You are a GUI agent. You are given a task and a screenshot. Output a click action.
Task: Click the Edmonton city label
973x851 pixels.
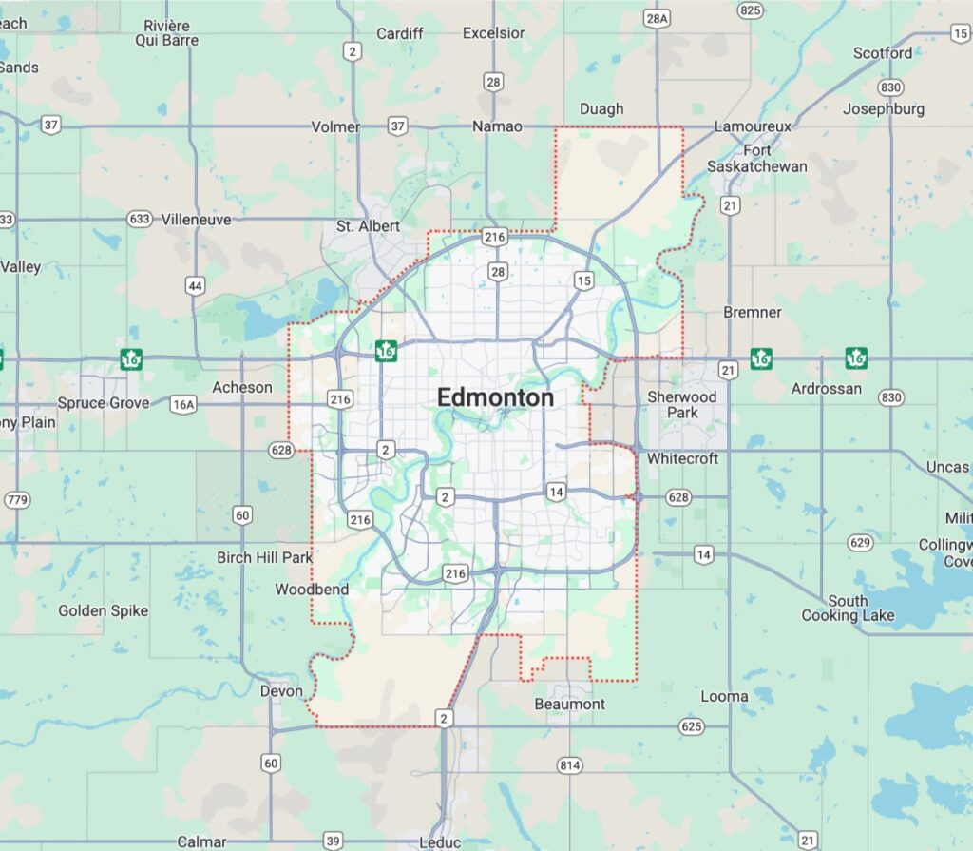click(x=495, y=398)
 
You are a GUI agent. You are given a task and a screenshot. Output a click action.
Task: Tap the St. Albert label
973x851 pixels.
click(x=368, y=226)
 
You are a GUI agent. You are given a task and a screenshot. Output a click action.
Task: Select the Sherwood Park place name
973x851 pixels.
click(x=681, y=404)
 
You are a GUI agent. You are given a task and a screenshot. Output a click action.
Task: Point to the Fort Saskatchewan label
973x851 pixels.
click(x=757, y=159)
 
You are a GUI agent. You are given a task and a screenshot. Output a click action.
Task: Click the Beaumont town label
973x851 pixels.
click(x=569, y=704)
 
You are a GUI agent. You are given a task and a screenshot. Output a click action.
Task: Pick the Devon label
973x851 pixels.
click(x=281, y=691)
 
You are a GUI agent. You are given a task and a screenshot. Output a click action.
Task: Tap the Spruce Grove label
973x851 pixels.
click(x=103, y=403)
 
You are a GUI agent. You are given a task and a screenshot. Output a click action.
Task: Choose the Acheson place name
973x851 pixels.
click(x=241, y=387)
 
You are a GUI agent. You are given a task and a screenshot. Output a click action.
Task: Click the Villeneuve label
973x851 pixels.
click(x=196, y=219)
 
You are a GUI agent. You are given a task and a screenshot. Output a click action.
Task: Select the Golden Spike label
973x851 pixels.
click(x=103, y=610)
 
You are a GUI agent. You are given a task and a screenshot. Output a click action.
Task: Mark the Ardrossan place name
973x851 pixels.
click(x=827, y=388)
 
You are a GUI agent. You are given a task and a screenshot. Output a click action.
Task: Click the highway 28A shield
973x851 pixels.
click(x=656, y=18)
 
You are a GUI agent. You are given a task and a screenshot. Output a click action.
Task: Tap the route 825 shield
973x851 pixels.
click(x=750, y=10)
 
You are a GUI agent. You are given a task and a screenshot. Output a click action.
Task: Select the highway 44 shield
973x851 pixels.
click(x=195, y=285)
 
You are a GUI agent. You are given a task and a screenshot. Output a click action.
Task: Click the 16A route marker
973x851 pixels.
click(x=182, y=405)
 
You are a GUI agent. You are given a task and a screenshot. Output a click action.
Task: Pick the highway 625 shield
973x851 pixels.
click(x=692, y=726)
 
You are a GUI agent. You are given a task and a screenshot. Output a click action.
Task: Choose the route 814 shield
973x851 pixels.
click(x=569, y=764)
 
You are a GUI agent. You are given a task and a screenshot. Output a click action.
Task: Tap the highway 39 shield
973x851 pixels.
click(x=333, y=841)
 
